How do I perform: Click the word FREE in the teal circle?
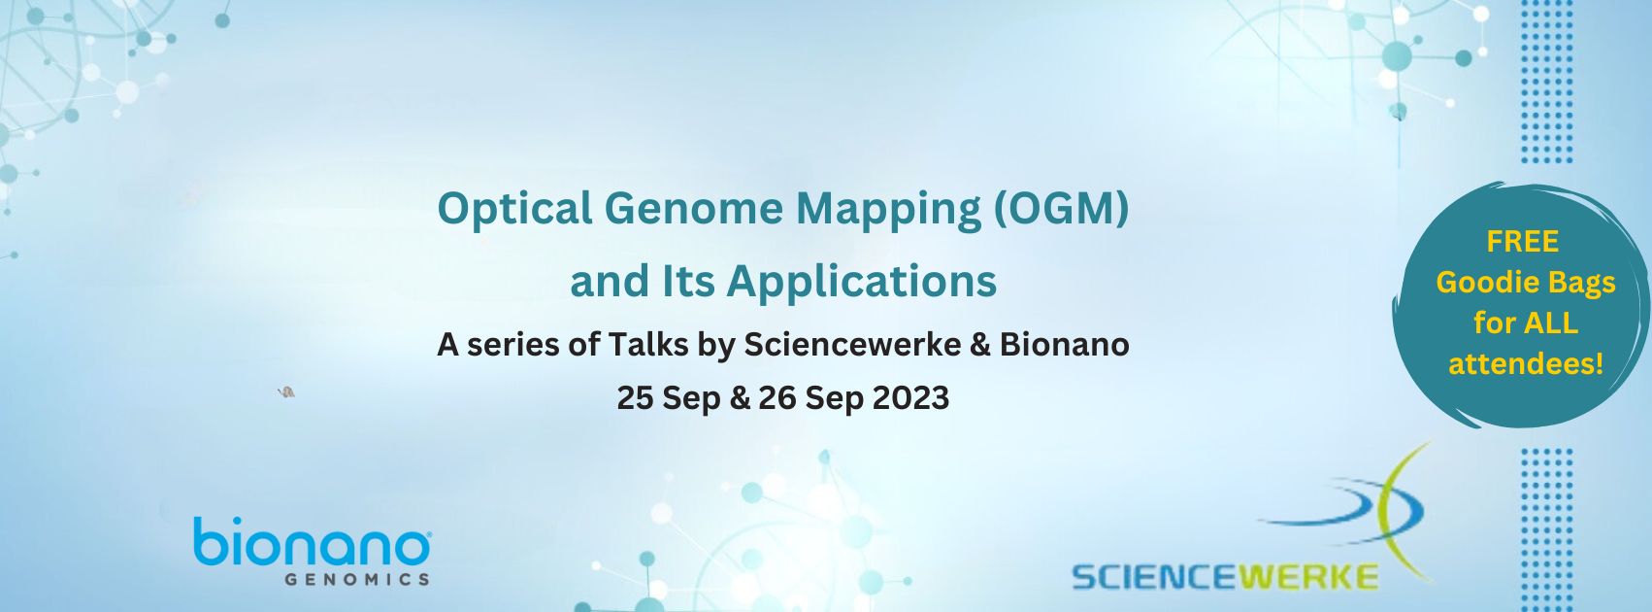tap(1522, 242)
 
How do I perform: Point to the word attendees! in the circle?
tap(1526, 364)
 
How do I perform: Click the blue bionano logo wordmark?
tap(312, 543)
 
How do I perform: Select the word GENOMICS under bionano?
tap(357, 580)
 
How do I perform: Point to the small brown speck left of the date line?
tap(286, 392)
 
